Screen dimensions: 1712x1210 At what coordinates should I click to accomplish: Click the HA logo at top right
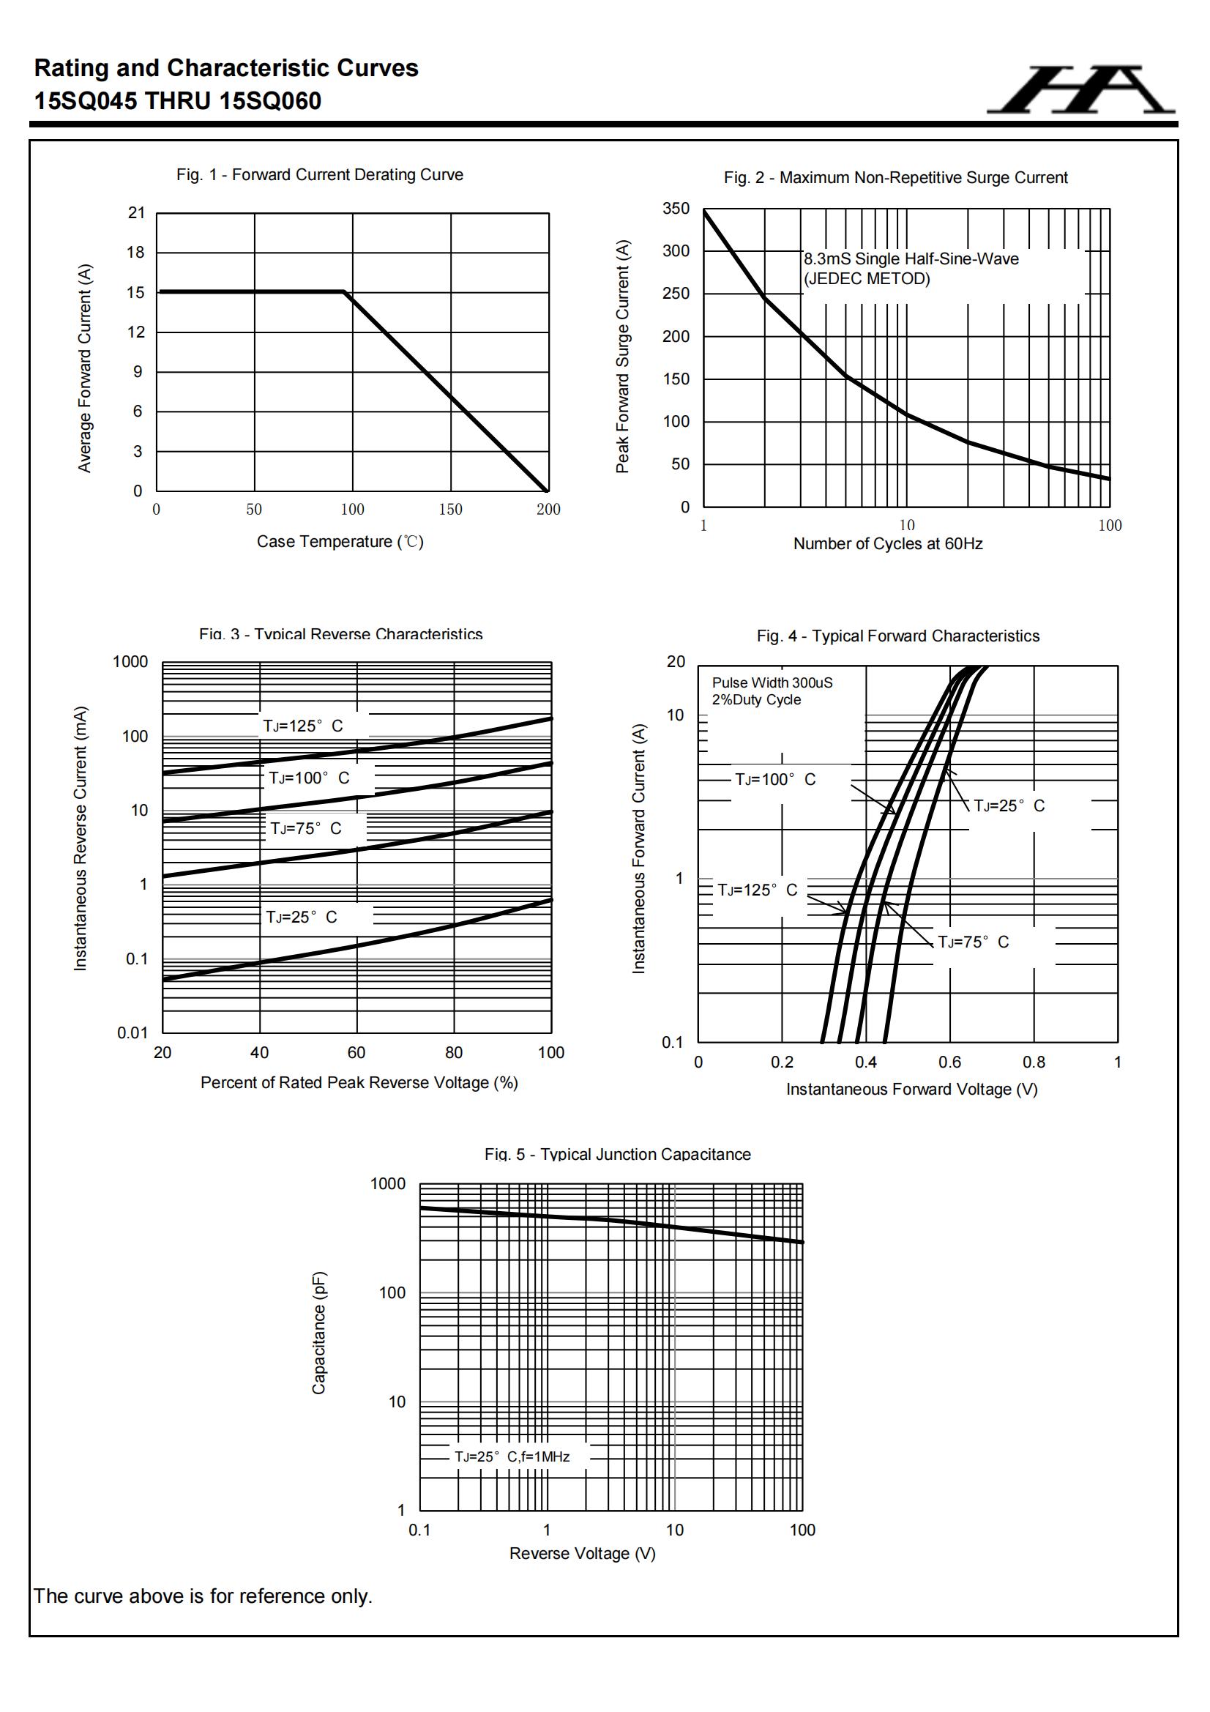1081,89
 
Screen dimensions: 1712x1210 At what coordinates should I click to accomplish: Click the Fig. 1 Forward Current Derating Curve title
319,174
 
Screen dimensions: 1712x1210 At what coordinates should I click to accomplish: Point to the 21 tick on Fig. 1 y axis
136,213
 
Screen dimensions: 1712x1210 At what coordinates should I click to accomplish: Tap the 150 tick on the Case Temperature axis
450,509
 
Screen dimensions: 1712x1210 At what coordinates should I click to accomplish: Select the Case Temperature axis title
340,541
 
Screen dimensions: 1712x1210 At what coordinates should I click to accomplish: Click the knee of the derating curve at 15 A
344,291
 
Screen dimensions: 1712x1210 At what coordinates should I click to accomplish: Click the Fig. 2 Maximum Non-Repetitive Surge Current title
895,177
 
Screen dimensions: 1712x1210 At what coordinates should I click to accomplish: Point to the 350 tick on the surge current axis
676,209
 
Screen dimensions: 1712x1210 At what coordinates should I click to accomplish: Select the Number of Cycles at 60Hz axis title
887,543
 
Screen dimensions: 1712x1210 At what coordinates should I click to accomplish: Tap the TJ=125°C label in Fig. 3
303,726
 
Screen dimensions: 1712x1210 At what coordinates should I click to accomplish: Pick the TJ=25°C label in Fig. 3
301,917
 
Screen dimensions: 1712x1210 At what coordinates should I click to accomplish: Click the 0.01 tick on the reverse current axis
132,1032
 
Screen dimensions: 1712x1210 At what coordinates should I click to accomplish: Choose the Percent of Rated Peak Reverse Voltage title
359,1083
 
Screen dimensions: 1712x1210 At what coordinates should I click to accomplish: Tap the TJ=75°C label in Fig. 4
973,942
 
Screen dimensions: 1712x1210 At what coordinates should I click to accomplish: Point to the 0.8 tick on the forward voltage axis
1034,1062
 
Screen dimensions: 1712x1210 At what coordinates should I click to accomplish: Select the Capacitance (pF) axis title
319,1333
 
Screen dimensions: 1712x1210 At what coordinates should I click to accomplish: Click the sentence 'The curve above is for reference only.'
203,1596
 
